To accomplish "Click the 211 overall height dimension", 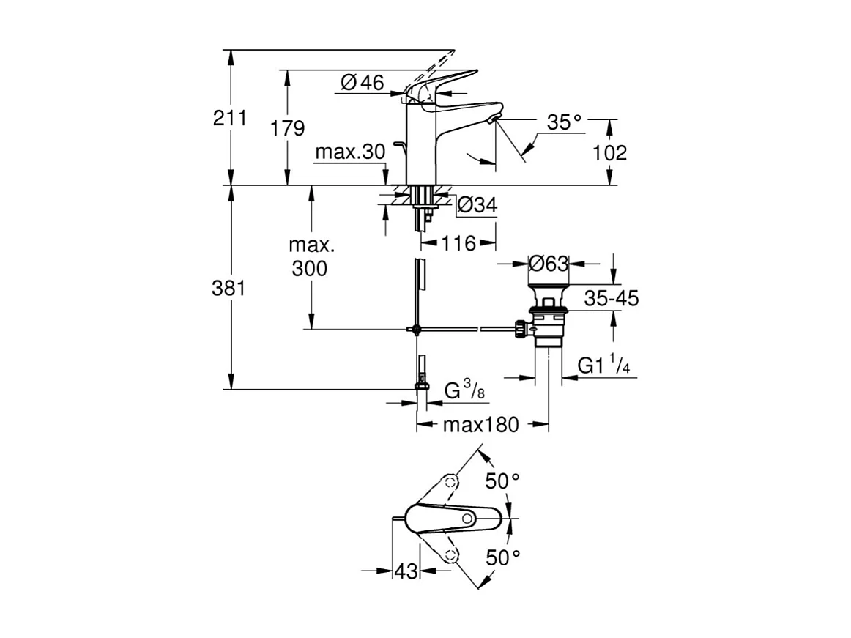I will (x=230, y=118).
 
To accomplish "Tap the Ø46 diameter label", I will (x=363, y=83).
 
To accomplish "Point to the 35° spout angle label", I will (x=565, y=122).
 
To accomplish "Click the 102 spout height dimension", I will (x=609, y=152).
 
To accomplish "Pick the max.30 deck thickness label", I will (x=349, y=152).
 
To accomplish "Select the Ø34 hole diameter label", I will (x=477, y=206).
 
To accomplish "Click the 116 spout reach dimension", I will (x=458, y=242).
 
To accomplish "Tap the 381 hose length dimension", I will (x=230, y=289).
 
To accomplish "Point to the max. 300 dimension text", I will (x=309, y=256).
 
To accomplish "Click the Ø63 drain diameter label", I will (x=549, y=263).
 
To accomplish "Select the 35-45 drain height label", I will (x=612, y=298).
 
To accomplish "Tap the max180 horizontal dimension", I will (x=480, y=424).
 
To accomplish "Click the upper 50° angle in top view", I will (x=503, y=481).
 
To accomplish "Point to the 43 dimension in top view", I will (x=406, y=571).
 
